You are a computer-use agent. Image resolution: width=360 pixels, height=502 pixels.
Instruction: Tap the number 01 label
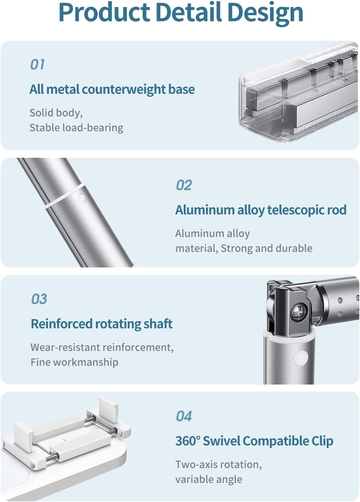click(x=37, y=64)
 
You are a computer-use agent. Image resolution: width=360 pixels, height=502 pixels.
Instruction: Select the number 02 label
click(x=184, y=185)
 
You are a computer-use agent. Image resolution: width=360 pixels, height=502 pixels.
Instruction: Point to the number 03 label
click(x=39, y=299)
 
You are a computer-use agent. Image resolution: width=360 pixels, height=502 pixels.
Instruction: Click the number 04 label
click(x=184, y=416)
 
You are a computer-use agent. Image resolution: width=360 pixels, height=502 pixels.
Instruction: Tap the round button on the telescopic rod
click(x=81, y=198)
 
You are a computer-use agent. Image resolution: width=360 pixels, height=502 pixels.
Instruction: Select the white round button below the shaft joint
click(x=302, y=358)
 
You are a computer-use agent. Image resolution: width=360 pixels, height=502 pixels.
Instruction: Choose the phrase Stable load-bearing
click(x=76, y=128)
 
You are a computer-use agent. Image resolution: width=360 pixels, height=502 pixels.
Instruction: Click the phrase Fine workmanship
click(x=74, y=362)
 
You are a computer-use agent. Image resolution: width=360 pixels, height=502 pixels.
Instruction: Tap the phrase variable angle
click(x=209, y=479)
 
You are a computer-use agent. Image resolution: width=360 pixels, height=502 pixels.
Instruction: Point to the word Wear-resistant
click(x=65, y=347)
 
